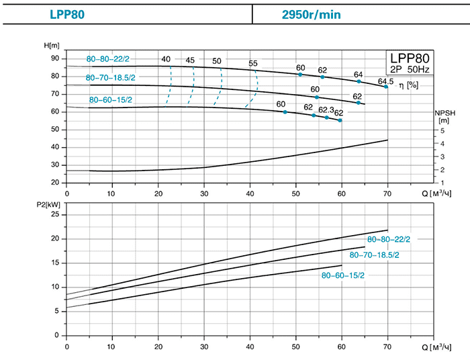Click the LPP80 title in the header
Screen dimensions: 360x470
click(67, 13)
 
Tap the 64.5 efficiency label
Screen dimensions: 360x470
click(385, 81)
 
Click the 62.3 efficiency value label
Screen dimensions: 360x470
click(326, 110)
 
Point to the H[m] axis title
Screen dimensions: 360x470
click(51, 46)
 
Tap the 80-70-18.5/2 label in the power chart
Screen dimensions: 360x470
click(374, 255)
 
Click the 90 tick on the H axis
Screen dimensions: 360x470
click(55, 58)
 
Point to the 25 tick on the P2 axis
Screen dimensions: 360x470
click(55, 214)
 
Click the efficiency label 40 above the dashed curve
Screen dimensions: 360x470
click(166, 59)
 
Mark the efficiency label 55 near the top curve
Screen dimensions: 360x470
click(253, 64)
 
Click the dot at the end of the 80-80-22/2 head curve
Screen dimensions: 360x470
click(386, 87)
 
